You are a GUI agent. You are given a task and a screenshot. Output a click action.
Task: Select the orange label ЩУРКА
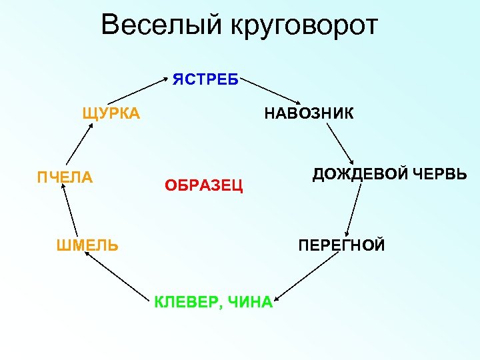tap(111, 113)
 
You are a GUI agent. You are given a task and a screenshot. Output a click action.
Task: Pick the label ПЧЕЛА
tap(65, 177)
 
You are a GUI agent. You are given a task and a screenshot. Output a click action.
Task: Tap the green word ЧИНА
tap(250, 302)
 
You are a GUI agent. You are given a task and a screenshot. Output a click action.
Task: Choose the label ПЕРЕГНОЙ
tap(341, 245)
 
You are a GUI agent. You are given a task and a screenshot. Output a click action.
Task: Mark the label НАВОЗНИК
tap(309, 113)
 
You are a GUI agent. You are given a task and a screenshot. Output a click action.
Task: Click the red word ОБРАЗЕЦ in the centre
tap(204, 185)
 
